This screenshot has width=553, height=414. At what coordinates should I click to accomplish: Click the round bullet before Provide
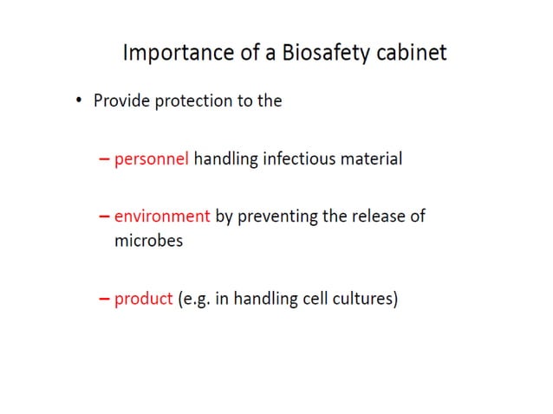78,101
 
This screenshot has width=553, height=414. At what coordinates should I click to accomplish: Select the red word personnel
152,159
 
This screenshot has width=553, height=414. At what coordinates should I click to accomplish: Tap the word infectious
296,159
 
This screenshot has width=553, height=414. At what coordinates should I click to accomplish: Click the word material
370,159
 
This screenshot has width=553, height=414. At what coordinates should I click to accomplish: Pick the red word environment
162,216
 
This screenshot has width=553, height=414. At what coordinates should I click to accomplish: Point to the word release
378,216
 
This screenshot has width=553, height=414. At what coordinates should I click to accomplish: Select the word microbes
148,241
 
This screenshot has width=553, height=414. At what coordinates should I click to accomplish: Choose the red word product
144,301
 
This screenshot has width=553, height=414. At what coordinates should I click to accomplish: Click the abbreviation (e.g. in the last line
195,301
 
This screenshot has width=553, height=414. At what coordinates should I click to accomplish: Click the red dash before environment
105,217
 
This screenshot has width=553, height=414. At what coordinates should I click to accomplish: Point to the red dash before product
105,301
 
